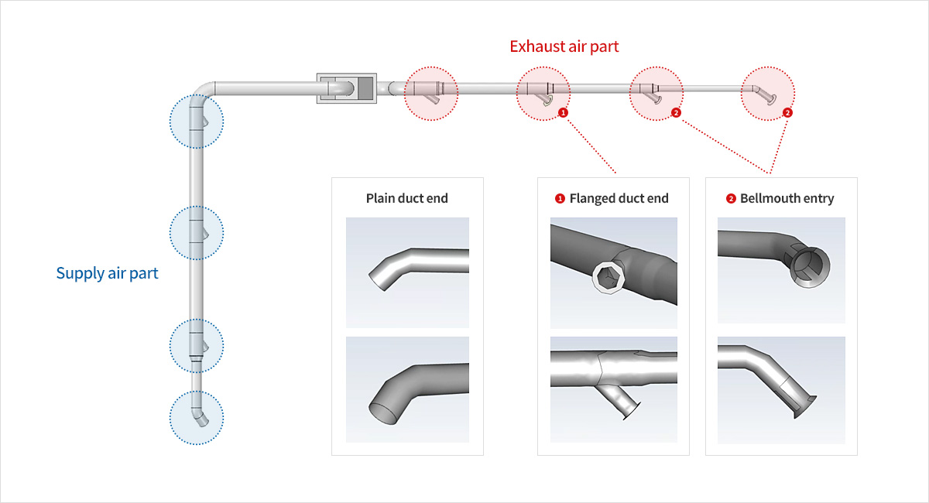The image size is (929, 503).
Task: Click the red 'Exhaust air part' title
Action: [x=564, y=46]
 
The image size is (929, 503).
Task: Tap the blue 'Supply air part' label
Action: [x=107, y=273]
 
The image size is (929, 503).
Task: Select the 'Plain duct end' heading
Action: [x=406, y=198]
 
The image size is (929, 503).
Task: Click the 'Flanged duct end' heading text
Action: [x=619, y=198]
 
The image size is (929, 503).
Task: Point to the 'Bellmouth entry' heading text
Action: [x=787, y=198]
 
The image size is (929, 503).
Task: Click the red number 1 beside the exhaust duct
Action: [x=563, y=112]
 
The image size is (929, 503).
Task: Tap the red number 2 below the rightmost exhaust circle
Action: [x=787, y=112]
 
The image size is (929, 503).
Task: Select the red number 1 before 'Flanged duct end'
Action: [x=560, y=199]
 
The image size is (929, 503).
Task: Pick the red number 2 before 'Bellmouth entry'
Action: [x=731, y=199]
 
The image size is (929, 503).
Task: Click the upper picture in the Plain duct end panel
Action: [x=407, y=272]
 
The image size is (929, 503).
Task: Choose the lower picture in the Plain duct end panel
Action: [x=407, y=389]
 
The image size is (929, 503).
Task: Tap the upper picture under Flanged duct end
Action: [x=613, y=272]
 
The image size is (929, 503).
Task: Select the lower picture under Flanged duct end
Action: [x=613, y=389]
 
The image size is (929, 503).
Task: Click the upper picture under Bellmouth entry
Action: [x=781, y=271]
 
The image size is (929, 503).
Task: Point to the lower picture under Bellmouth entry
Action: [x=781, y=389]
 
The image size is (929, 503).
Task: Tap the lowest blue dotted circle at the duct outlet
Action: [x=197, y=416]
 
